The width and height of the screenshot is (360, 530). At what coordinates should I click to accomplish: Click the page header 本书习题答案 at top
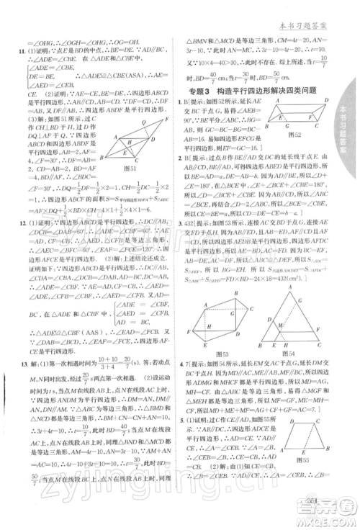(x=314, y=9)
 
